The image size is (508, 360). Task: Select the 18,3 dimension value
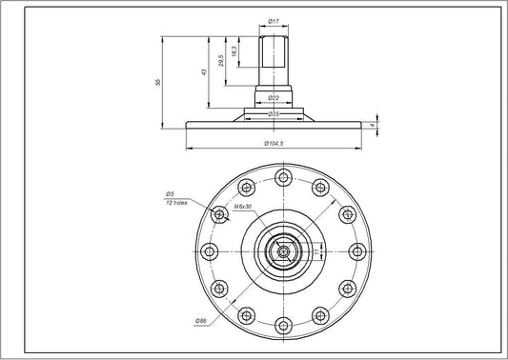pos(234,50)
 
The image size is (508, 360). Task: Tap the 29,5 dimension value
pos(221,61)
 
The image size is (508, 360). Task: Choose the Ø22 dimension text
pos(273,98)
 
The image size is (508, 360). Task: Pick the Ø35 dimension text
pos(273,113)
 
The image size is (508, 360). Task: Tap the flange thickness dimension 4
pos(381,123)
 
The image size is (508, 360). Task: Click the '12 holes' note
pos(175,203)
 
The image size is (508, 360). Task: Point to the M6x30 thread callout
pos(241,207)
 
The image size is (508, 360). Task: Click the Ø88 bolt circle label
pos(202,318)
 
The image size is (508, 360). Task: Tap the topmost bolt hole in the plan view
pos(281,177)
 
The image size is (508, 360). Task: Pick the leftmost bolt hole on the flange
pos(209,251)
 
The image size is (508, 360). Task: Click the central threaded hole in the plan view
pos(281,251)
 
